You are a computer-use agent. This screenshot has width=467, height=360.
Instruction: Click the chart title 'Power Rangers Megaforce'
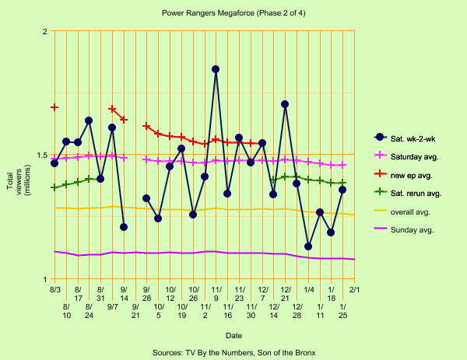tap(233, 13)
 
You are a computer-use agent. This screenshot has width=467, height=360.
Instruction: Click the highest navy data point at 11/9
tap(216, 69)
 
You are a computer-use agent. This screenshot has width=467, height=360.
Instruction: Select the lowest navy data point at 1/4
tap(308, 246)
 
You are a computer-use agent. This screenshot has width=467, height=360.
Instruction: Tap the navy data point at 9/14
tap(124, 227)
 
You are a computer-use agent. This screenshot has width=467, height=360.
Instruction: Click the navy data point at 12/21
tap(285, 103)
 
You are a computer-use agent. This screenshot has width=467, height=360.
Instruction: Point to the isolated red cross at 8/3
tap(54, 107)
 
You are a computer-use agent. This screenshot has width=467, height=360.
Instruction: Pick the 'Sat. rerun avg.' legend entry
tap(412, 192)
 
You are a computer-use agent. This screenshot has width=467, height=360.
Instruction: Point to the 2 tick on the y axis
tap(44, 31)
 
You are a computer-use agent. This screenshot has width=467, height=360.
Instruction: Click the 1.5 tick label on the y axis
tap(40, 155)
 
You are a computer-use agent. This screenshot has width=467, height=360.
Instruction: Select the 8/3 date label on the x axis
tap(54, 290)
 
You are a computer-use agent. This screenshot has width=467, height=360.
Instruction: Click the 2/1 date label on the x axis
tap(354, 290)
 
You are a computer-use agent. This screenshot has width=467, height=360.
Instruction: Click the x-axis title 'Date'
tap(233, 335)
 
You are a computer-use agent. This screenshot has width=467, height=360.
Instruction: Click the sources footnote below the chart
tap(233, 352)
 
